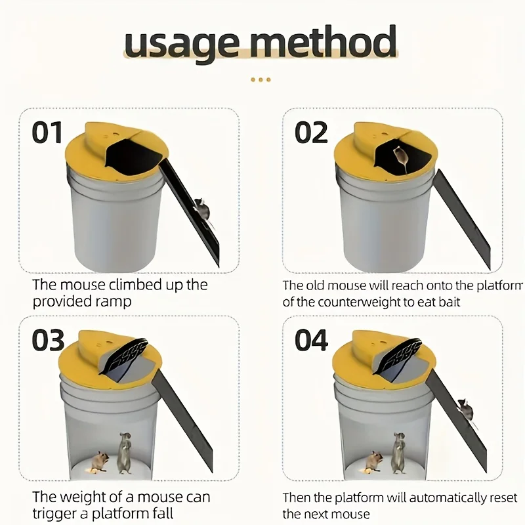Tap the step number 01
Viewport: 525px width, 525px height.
pyautogui.click(x=47, y=133)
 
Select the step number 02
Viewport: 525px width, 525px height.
pyautogui.click(x=311, y=133)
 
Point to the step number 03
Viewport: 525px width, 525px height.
pyautogui.click(x=48, y=340)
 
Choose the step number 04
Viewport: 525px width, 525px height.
pyautogui.click(x=311, y=340)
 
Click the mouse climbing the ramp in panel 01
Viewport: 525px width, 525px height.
pyautogui.click(x=202, y=209)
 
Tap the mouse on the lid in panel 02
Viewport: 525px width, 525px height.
pyautogui.click(x=400, y=157)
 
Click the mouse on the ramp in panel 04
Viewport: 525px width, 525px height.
pyautogui.click(x=466, y=409)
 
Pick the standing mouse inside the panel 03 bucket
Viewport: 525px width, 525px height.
pyautogui.click(x=125, y=453)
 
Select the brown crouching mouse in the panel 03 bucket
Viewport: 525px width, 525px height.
pyautogui.click(x=100, y=461)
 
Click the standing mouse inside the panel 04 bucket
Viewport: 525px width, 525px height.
pyautogui.click(x=399, y=453)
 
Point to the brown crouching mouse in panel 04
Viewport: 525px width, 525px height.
pyautogui.click(x=373, y=461)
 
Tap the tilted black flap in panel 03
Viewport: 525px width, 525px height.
pyautogui.click(x=123, y=356)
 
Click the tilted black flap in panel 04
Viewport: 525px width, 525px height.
pyautogui.click(x=397, y=356)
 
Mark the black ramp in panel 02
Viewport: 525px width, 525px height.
pyautogui.click(x=463, y=219)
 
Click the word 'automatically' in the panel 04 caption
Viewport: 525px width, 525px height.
pyautogui.click(x=448, y=498)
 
